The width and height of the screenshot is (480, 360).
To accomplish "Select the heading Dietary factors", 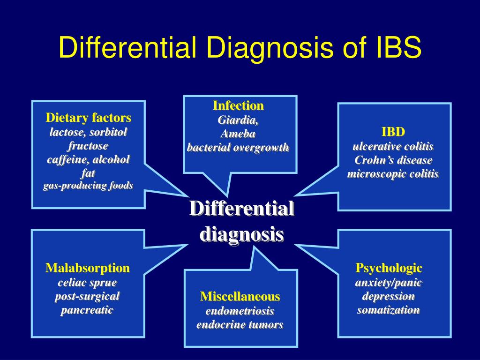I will [88, 117].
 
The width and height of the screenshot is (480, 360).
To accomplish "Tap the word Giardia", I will [238, 120].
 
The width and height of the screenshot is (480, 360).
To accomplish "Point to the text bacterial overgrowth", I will [238, 148].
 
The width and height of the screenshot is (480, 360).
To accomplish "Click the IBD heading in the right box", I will [393, 131].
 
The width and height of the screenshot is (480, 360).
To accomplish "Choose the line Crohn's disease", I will [393, 160].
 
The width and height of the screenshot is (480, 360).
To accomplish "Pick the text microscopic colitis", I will [393, 174].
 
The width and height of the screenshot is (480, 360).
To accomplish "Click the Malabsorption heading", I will [88, 268].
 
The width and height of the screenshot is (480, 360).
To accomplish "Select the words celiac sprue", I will [87, 283].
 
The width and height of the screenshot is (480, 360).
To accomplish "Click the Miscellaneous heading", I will [240, 296].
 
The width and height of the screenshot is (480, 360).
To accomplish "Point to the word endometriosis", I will [240, 311].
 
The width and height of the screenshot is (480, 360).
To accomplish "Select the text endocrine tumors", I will [240, 325].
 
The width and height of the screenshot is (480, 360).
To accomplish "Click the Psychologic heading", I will [389, 268].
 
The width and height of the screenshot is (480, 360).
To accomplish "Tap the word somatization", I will [389, 310].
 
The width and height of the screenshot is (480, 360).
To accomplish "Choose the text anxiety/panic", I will [389, 283].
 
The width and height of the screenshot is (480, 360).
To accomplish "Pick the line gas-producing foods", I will [88, 186].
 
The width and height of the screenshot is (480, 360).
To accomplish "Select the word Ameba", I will [238, 134].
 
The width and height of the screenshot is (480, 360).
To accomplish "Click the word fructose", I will [88, 145].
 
